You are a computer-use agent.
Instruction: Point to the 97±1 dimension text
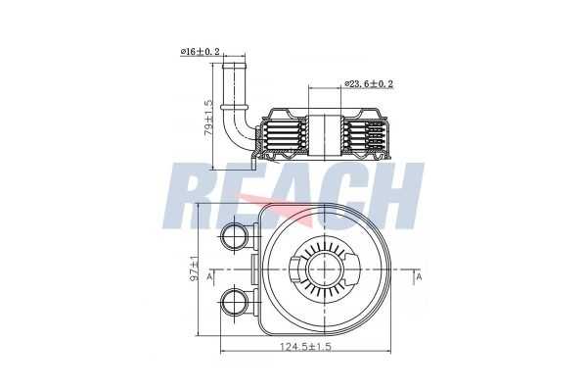tap(195, 269)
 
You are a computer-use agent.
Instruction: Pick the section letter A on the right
tap(419, 279)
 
